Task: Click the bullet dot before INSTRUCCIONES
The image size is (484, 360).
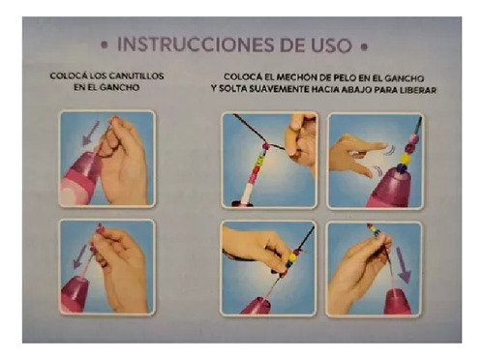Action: click(x=104, y=45)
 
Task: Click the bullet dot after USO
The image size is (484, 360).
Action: click(x=364, y=47)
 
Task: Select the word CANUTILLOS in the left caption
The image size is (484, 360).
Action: click(x=136, y=76)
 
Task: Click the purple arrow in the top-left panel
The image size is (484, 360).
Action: click(x=90, y=134)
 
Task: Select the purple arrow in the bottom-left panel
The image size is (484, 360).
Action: click(x=79, y=256)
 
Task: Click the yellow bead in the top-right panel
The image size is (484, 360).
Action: click(x=405, y=159)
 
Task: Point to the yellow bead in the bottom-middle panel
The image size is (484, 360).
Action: click(x=292, y=257)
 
